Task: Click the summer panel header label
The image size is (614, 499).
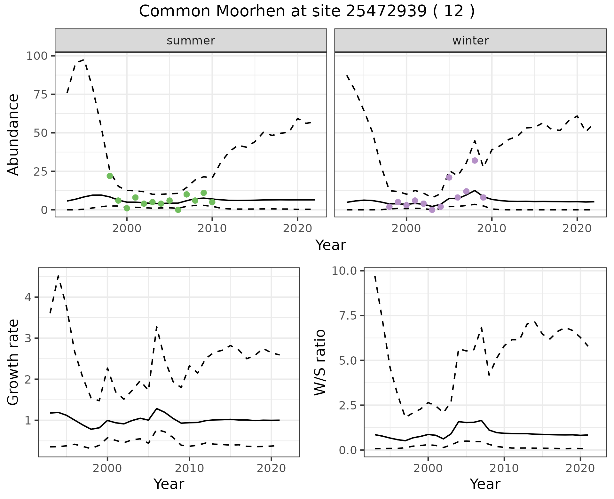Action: click(x=191, y=41)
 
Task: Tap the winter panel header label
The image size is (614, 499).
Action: click(x=470, y=41)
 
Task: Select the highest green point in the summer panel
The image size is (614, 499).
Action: click(x=110, y=176)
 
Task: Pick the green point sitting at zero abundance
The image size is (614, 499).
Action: click(x=178, y=210)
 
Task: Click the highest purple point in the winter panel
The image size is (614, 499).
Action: click(x=475, y=161)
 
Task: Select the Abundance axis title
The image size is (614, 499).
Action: click(x=13, y=135)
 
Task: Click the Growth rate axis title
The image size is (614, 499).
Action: click(x=13, y=362)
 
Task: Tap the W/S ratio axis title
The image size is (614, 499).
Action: click(x=320, y=362)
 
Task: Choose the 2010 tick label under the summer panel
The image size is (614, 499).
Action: click(x=212, y=229)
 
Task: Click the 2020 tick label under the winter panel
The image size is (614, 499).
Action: click(x=577, y=229)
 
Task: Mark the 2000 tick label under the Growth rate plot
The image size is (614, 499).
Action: click(x=107, y=469)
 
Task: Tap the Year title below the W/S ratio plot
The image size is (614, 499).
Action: click(x=485, y=484)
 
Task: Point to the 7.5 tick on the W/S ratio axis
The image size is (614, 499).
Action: click(x=349, y=316)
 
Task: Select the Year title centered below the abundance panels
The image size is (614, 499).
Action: click(x=331, y=245)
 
